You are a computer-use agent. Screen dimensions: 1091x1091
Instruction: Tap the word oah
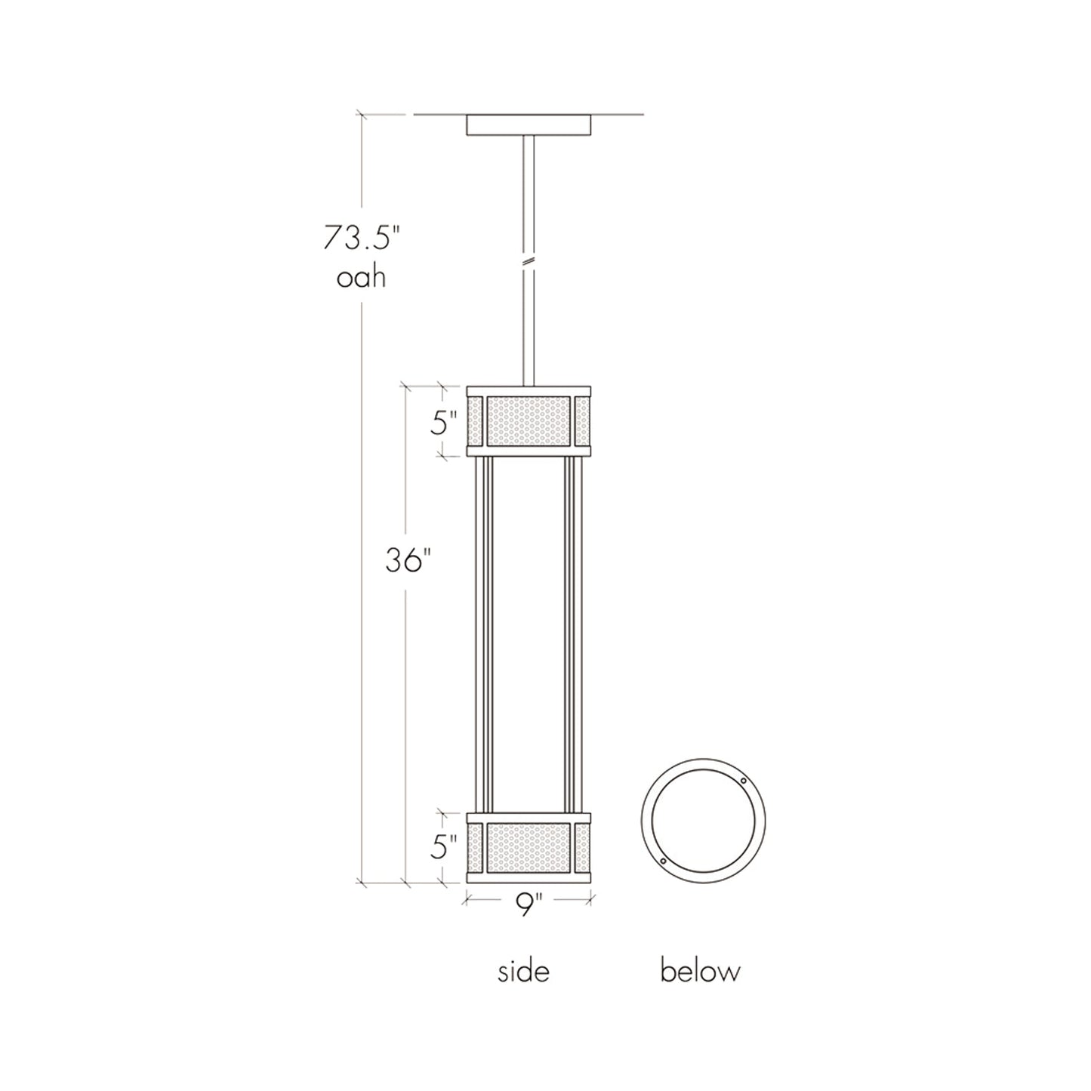362,279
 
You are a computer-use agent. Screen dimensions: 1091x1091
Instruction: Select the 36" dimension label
408,560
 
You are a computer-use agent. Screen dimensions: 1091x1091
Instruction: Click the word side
523,971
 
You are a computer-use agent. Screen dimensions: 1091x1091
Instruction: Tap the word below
700,971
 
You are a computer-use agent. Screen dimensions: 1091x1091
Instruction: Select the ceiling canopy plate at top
529,125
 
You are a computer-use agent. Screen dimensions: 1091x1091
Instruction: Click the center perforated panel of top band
529,420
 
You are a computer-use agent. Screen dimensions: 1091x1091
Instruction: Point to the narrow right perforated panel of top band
582,420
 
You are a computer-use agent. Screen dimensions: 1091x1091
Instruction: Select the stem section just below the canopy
529,181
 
